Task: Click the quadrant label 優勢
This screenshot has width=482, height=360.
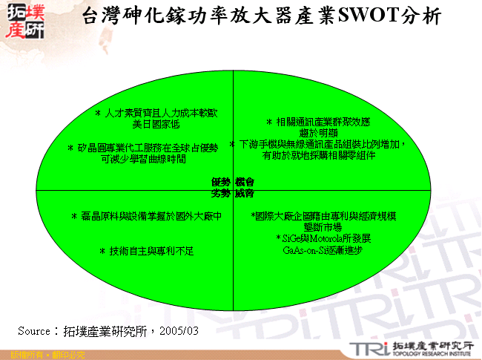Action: (221, 182)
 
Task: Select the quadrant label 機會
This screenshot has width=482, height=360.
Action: (245, 182)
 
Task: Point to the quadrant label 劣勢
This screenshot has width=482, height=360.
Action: (221, 193)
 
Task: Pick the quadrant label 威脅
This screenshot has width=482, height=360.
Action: (245, 193)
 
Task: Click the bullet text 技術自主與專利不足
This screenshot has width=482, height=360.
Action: (146, 251)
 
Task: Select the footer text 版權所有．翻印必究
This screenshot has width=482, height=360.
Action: (43, 355)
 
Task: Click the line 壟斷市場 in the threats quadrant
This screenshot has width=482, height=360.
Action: (323, 226)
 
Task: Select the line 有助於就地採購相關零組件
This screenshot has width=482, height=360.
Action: (320, 156)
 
